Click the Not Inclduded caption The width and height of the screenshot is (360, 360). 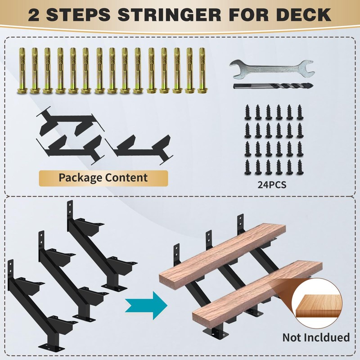coord(316,337)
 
